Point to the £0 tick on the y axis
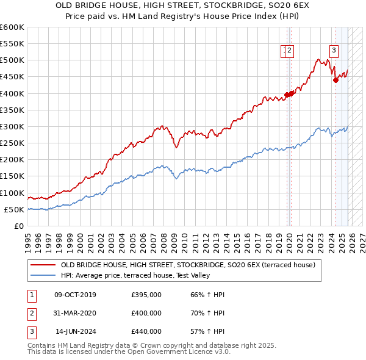[x=20, y=226]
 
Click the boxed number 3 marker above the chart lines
[x=334, y=51]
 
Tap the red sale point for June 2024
[x=335, y=80]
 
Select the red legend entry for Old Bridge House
[x=188, y=265]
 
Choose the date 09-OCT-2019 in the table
[x=75, y=295]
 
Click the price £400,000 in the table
[x=146, y=313]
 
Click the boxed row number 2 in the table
[x=31, y=313]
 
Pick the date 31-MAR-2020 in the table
[x=75, y=313]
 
